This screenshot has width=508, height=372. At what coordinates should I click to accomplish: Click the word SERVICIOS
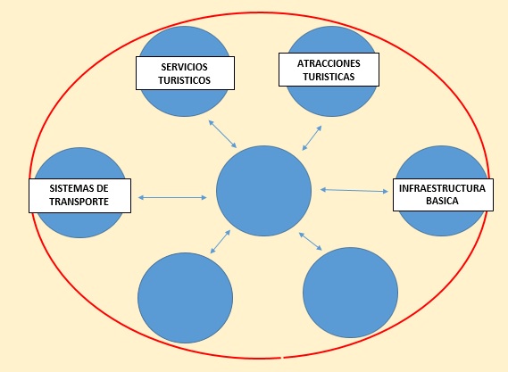184,67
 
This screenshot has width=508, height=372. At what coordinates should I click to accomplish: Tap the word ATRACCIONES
329,63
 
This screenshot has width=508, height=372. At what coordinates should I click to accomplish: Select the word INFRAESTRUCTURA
442,188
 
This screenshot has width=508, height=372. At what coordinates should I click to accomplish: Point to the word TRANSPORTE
79,202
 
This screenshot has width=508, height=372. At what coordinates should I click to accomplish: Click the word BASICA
442,201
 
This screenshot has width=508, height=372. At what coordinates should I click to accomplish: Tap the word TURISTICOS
184,80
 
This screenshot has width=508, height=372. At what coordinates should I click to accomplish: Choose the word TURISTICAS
329,77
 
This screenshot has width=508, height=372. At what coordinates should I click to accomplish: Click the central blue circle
263,191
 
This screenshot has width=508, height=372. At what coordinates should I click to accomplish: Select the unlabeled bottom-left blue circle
186,298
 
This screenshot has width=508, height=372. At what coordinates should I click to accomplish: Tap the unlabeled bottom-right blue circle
350,293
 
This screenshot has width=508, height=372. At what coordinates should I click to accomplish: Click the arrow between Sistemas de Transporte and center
172,197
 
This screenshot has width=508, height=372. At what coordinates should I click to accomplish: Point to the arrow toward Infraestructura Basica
354,190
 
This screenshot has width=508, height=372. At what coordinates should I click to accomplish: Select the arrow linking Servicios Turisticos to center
222,134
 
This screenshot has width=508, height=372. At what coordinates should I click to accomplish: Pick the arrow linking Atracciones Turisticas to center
312,138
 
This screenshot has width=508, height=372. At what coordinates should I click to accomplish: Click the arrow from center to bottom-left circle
221,242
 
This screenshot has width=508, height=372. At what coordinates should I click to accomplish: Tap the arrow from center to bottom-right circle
311,241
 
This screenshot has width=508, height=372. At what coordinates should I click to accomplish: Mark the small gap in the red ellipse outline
282,358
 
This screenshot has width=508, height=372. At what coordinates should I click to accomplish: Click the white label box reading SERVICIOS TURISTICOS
185,73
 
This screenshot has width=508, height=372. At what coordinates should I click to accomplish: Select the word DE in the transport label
103,188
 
